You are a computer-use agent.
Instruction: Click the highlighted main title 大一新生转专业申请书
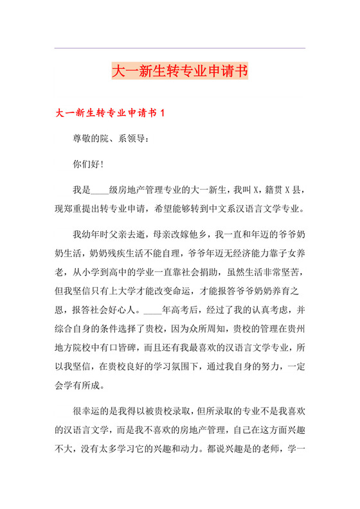tap(179, 70)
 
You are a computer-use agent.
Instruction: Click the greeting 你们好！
tap(89, 164)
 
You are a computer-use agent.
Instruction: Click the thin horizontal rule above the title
tap(179, 48)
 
